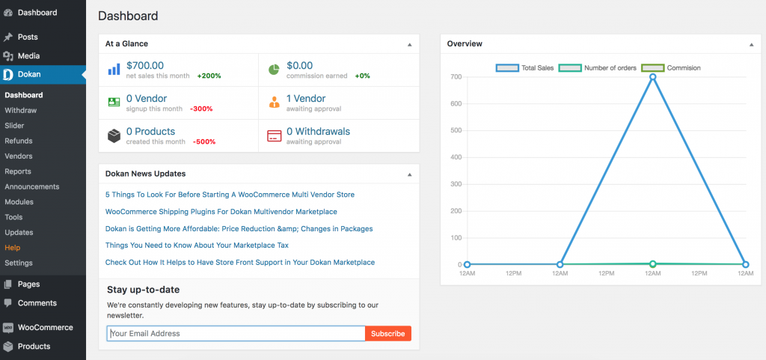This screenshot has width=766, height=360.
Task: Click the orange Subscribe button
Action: (388, 334)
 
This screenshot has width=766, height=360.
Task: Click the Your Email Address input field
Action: (236, 334)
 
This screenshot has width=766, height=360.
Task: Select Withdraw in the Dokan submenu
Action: (20, 111)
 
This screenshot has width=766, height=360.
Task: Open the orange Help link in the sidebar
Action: (12, 248)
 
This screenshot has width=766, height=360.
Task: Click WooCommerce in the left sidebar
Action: (45, 328)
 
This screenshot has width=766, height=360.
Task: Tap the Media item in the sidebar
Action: (28, 56)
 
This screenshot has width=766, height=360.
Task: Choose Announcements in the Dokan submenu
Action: (31, 186)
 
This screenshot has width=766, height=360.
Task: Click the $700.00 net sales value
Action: (145, 66)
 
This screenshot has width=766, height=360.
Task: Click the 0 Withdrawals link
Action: (318, 132)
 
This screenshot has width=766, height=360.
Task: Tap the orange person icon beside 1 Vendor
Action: (274, 102)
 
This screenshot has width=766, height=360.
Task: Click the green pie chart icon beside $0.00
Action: (274, 69)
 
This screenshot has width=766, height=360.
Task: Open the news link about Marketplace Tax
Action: (197, 245)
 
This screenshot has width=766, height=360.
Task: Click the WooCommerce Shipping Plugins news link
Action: (221, 212)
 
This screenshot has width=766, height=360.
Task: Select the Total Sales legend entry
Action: (524, 68)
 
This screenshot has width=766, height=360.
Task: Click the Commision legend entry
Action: (671, 68)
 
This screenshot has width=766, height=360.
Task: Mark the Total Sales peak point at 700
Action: (652, 76)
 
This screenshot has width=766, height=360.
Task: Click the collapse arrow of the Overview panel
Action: (751, 45)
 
